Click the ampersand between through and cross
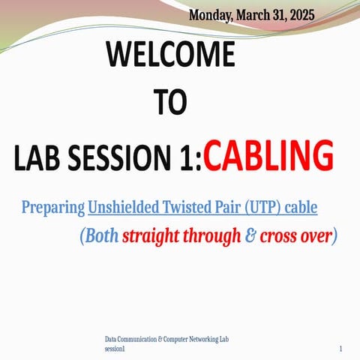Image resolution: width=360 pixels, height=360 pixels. [250, 236]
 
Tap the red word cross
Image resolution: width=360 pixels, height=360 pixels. [277, 236]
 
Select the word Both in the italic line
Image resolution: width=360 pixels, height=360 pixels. [101, 236]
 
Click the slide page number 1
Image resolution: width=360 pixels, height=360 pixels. [341, 349]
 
